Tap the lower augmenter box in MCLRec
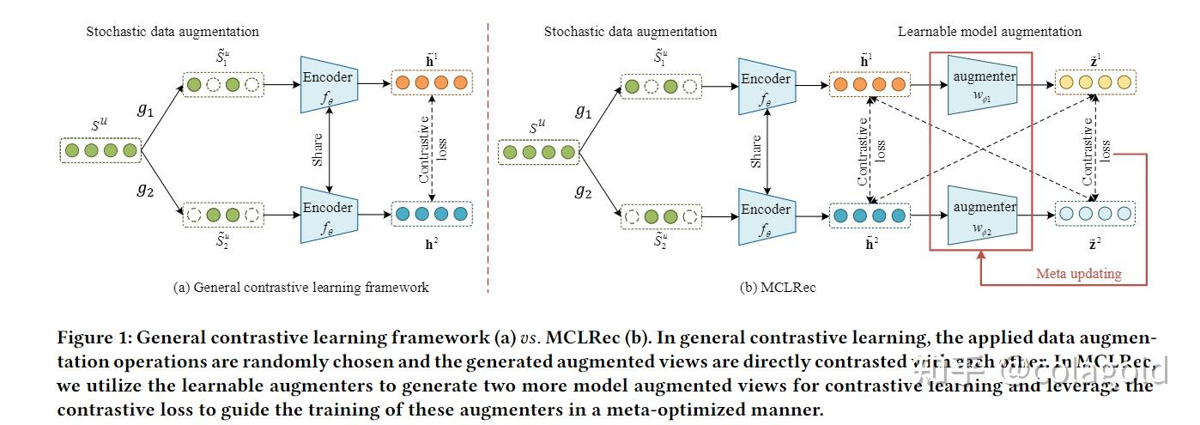pyautogui.click(x=984, y=214)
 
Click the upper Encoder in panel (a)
pyautogui.click(x=328, y=83)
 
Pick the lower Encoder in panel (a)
pyautogui.click(x=328, y=214)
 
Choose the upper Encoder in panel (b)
pyautogui.click(x=766, y=83)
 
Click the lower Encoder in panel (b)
pyautogui.click(x=766, y=214)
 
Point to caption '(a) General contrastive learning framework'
pyautogui.click(x=301, y=287)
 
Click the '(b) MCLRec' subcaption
pyautogui.click(x=778, y=287)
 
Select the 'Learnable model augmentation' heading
pyautogui.click(x=990, y=32)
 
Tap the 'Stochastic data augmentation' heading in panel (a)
pyautogui.click(x=173, y=32)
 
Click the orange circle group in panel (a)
pyautogui.click(x=431, y=84)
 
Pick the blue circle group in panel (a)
pyautogui.click(x=431, y=214)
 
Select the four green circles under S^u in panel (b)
pyautogui.click(x=538, y=152)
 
